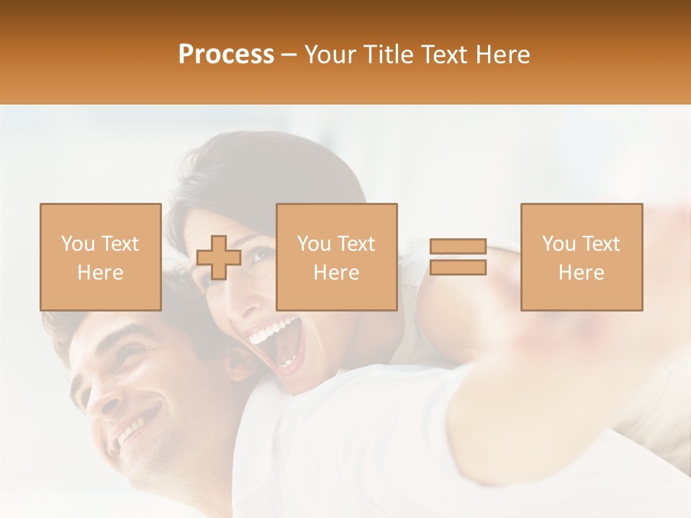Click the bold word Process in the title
(226, 55)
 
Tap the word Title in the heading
(387, 55)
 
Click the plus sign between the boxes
(219, 258)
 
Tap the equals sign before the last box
(458, 257)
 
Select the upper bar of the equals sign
(458, 247)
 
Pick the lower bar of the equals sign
(458, 268)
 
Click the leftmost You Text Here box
(100, 257)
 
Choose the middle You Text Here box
(336, 257)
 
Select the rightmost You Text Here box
(581, 257)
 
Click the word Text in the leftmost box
(119, 244)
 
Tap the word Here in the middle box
(336, 273)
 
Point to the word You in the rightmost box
(558, 244)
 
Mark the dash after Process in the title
(289, 55)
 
